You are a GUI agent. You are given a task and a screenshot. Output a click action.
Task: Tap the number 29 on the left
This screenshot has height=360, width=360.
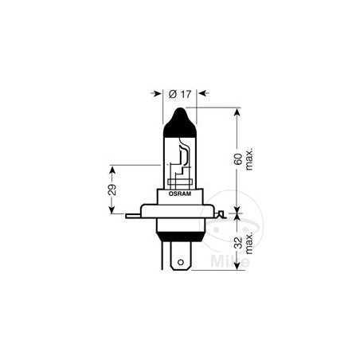coord(113,190)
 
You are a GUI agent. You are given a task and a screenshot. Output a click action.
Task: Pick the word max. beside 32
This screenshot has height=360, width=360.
coord(248,243)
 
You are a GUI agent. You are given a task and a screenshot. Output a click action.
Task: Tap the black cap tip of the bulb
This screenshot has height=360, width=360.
coord(180,117)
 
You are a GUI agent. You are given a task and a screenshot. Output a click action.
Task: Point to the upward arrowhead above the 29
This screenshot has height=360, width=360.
coord(113,168)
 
